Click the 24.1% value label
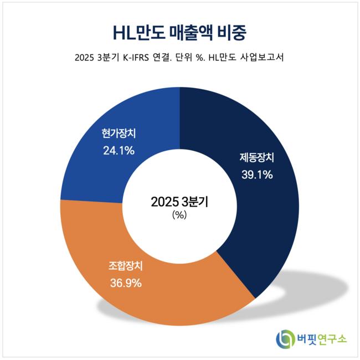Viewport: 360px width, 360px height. [119, 150]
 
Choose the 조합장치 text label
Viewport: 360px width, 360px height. [126, 266]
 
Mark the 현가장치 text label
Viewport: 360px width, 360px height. [119, 134]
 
